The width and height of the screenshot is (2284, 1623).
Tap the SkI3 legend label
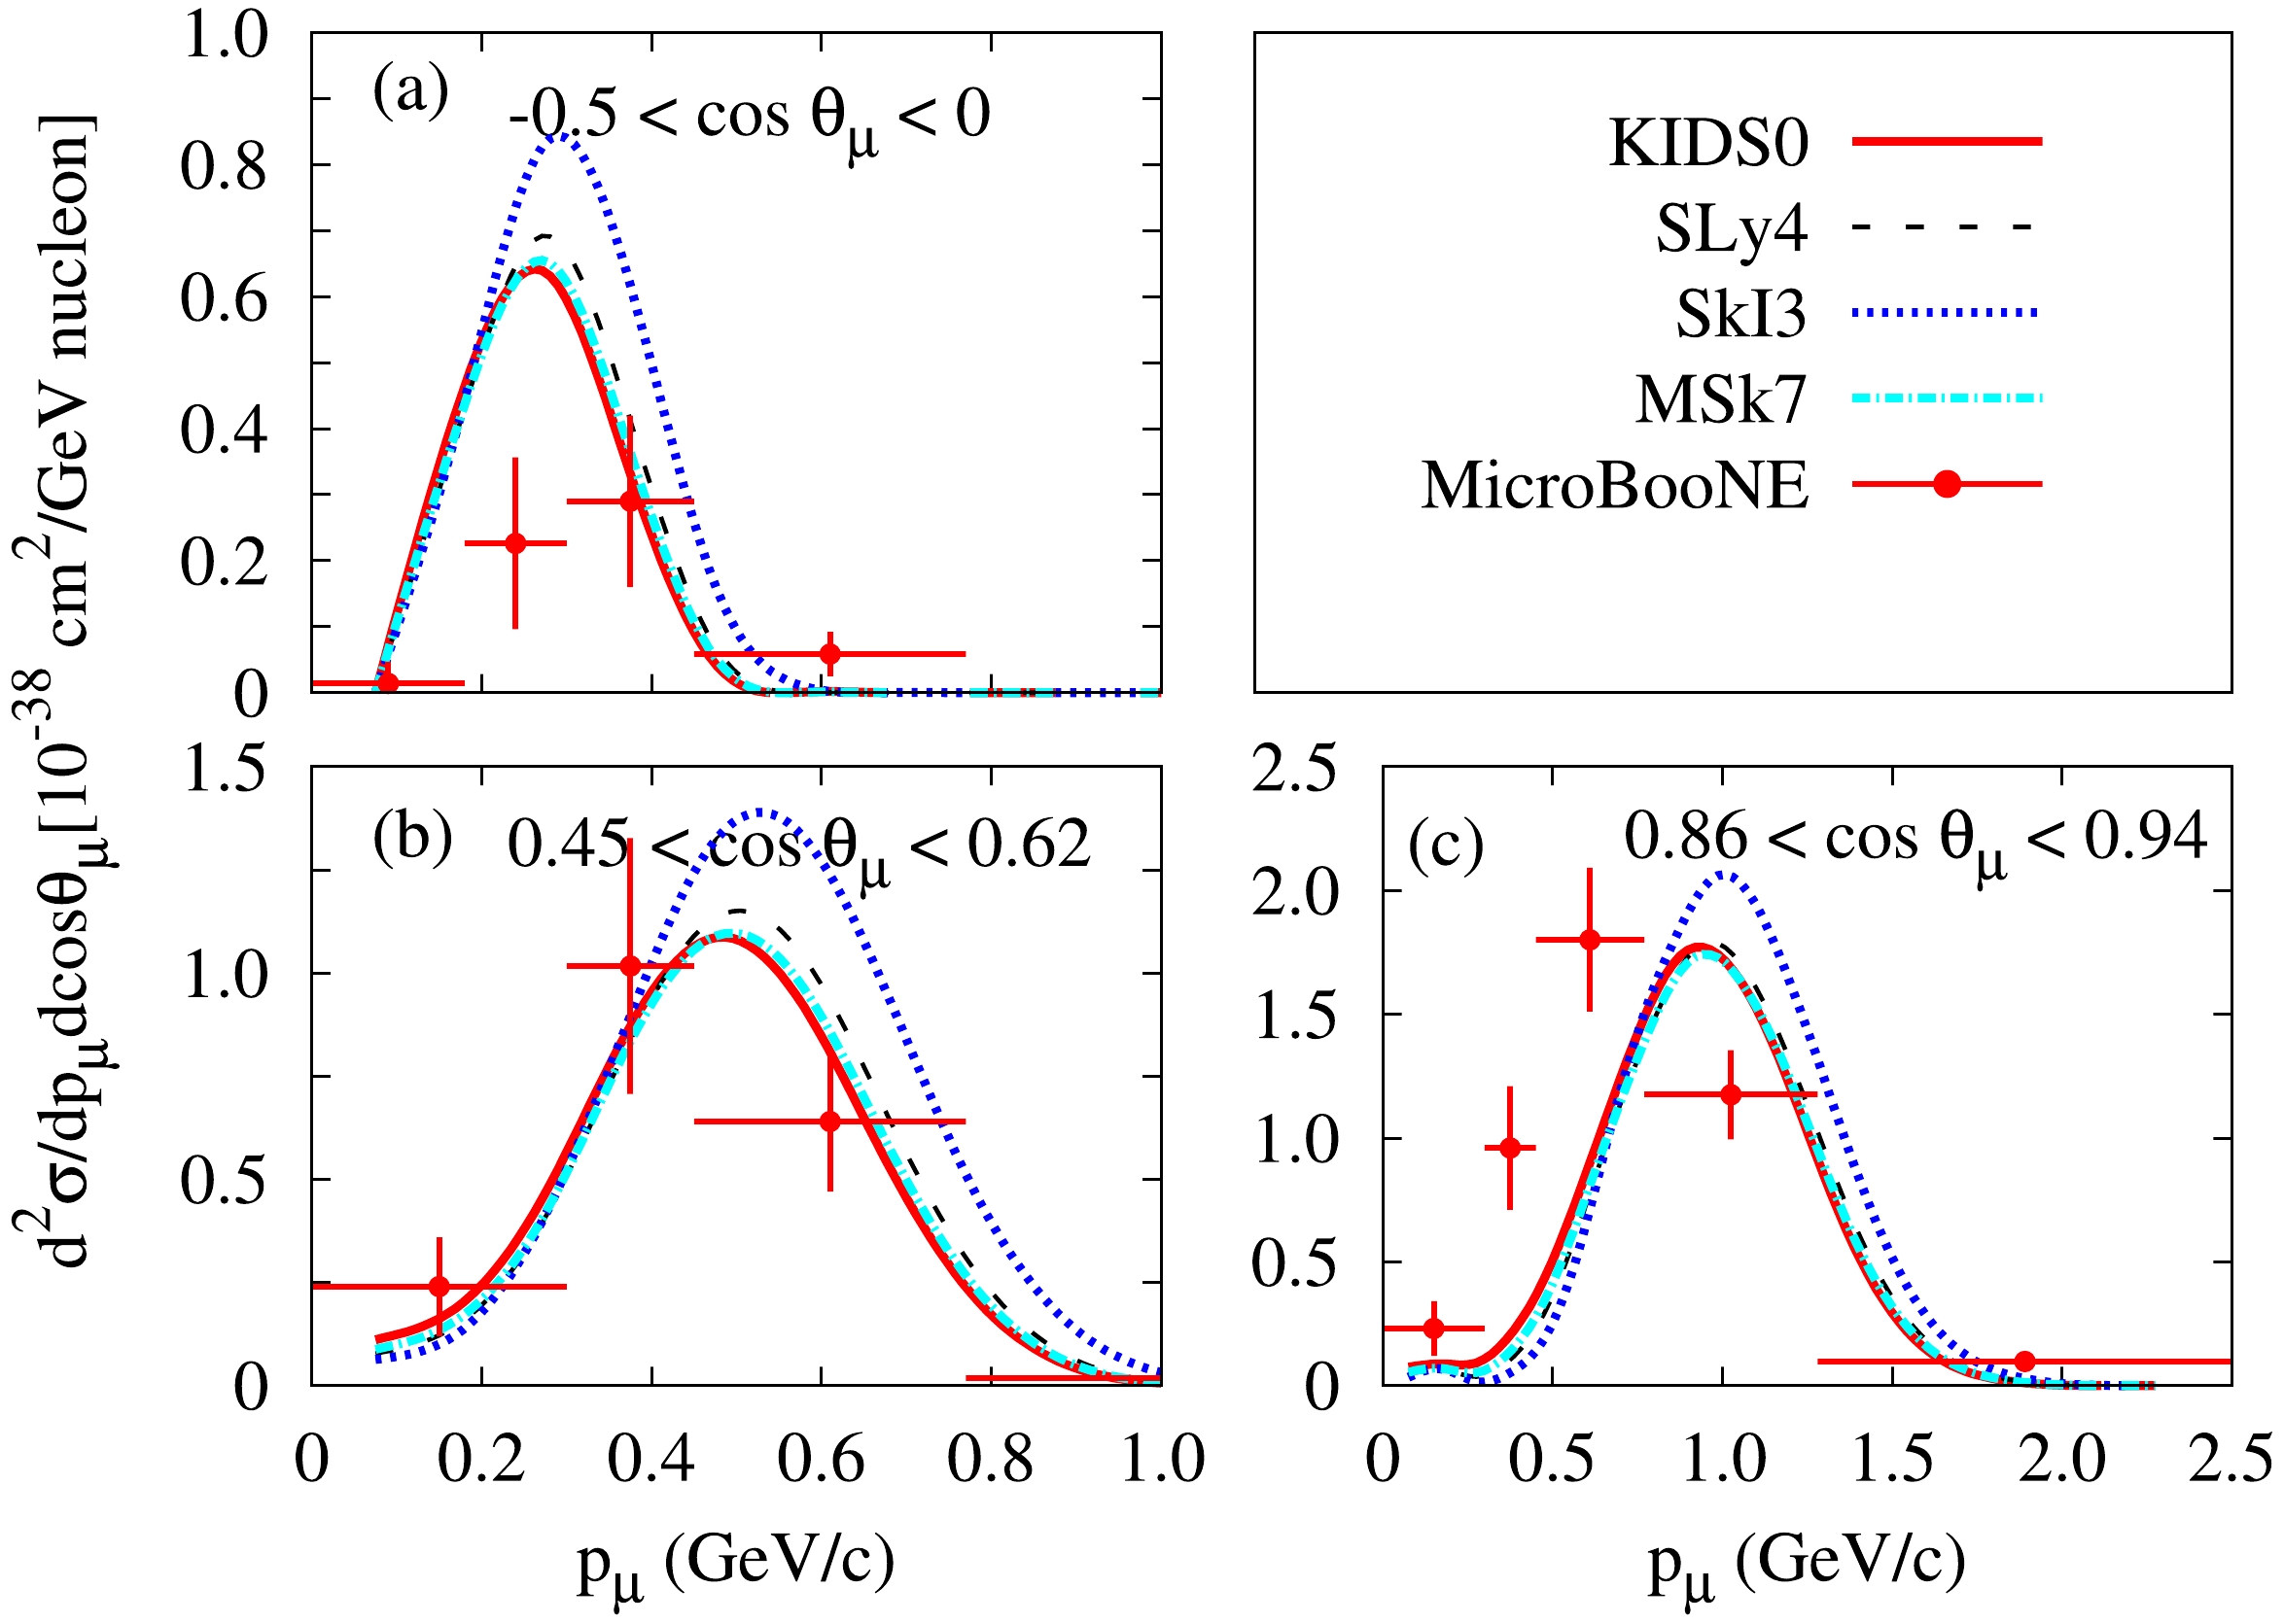[1740, 315]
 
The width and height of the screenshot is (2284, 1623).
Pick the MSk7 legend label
[1720, 400]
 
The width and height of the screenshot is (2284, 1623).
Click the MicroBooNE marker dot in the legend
[1947, 485]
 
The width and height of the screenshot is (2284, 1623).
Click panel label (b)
[412, 838]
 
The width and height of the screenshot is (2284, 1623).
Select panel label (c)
[1446, 847]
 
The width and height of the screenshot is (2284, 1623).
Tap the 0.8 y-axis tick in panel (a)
[224, 166]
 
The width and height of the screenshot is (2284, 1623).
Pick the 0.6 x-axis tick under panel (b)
[821, 1460]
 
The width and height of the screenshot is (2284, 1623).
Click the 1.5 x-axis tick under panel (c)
[1892, 1460]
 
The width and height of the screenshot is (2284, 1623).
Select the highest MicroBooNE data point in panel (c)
[1590, 940]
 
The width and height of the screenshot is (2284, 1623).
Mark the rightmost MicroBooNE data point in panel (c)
[2024, 1362]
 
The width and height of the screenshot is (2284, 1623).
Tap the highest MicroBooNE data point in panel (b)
[630, 965]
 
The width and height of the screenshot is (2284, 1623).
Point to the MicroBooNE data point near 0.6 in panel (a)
[829, 654]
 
